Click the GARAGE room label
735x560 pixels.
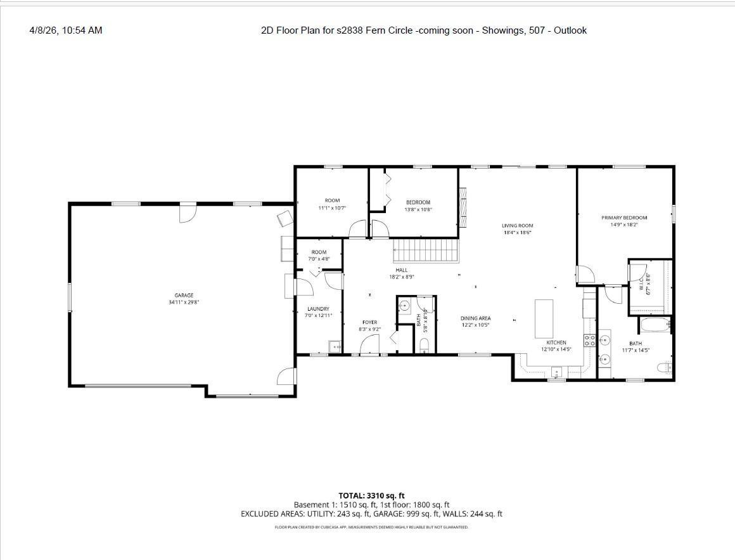click(x=184, y=296)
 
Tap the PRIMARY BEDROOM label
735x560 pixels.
click(x=624, y=218)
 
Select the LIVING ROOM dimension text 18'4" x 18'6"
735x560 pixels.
click(x=517, y=233)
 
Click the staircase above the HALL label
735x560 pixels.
click(x=425, y=250)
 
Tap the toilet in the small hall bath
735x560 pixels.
click(x=425, y=345)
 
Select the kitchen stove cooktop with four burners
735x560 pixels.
click(x=589, y=339)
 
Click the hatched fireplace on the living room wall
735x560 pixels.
click(x=463, y=207)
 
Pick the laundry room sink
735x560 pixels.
click(x=335, y=346)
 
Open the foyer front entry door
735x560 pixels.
click(x=369, y=346)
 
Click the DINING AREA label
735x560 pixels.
click(x=475, y=318)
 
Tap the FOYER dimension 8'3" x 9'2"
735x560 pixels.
click(x=369, y=329)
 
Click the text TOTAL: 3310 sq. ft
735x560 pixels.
click(x=371, y=495)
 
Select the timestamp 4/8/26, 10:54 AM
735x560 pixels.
click(x=66, y=30)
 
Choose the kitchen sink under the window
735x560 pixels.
click(x=556, y=372)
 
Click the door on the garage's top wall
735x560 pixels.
click(x=186, y=212)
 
